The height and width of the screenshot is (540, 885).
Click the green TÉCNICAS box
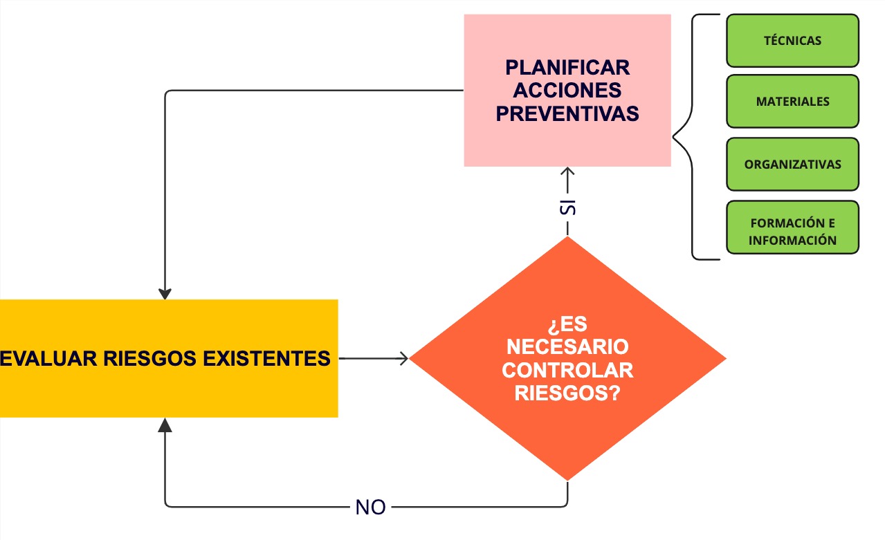click(x=792, y=41)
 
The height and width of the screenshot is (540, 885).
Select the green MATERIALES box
click(x=792, y=102)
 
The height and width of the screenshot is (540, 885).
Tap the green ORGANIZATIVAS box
click(x=792, y=165)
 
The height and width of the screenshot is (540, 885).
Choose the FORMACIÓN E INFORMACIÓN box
click(x=792, y=232)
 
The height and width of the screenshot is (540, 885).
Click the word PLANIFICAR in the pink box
click(x=567, y=68)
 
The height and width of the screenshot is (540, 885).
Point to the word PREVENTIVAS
click(x=567, y=113)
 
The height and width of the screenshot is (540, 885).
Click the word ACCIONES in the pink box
click(x=567, y=91)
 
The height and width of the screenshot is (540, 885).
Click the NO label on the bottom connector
click(x=370, y=508)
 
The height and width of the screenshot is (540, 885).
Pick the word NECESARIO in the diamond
click(x=567, y=346)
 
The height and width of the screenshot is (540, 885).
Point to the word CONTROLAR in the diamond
click(x=567, y=370)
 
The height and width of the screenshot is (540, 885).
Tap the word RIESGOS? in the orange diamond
click(x=567, y=393)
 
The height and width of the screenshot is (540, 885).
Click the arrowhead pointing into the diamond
click(x=405, y=358)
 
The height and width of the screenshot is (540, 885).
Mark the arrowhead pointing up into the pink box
click(x=567, y=171)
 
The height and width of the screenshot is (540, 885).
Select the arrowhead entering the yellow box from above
click(x=165, y=293)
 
